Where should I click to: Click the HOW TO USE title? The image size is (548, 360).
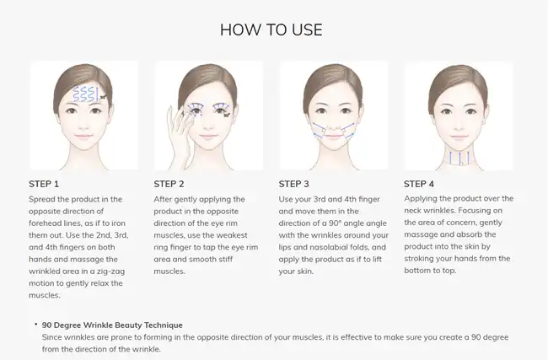click(271, 30)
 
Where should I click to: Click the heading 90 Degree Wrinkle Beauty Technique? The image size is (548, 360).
click(112, 325)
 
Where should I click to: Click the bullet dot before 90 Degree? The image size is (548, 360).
click(36, 325)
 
